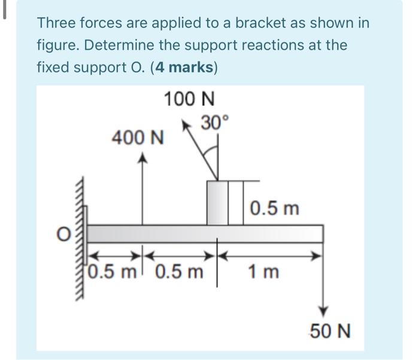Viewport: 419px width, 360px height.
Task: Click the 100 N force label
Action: coord(190,99)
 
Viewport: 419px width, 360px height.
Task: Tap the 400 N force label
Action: coord(138,139)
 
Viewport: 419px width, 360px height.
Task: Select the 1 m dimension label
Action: coord(265,272)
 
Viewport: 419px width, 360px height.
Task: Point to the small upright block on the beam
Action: coord(217,203)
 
